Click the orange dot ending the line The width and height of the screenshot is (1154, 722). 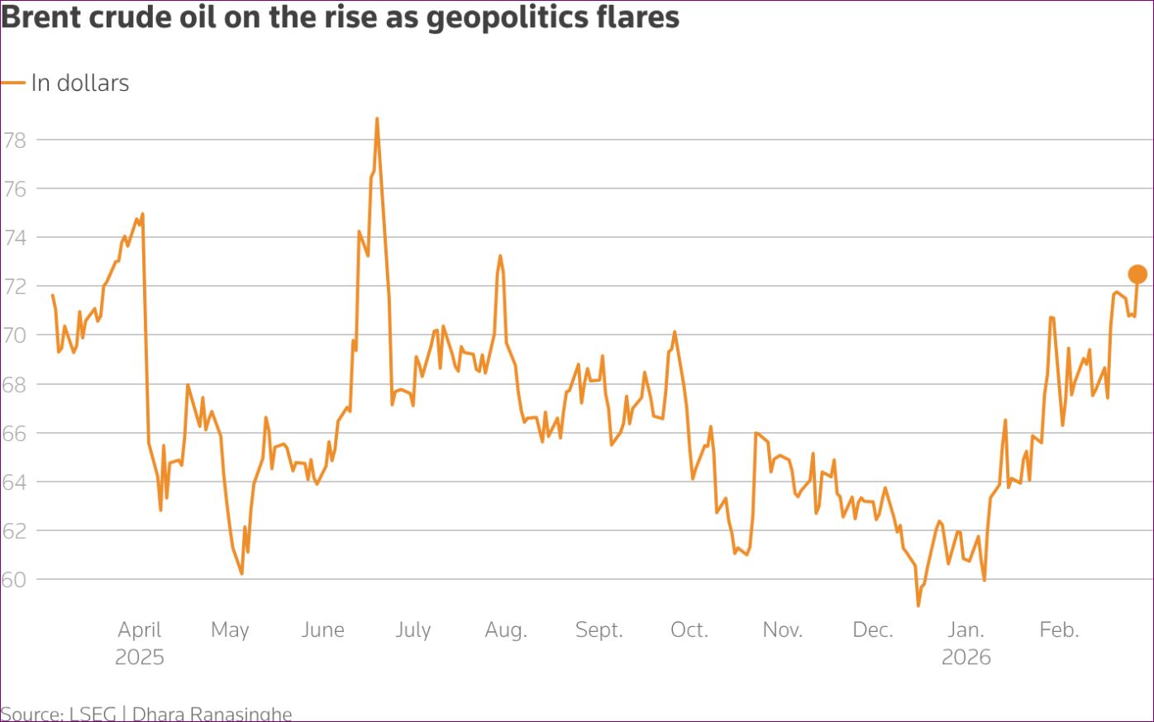(1137, 274)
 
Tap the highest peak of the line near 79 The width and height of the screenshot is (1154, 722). (377, 119)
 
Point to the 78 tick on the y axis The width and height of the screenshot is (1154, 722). (15, 140)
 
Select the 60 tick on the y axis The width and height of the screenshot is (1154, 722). (15, 579)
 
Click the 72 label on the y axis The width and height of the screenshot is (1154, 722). (15, 287)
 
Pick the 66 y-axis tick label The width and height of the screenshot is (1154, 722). (15, 433)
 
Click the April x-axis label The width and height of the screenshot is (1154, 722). (140, 629)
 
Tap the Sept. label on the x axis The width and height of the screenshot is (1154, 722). (598, 629)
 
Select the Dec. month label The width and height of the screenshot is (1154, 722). (873, 629)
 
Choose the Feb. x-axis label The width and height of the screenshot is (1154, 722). (1059, 629)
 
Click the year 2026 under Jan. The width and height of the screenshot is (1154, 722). (966, 658)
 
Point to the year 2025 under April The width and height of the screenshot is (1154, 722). (140, 658)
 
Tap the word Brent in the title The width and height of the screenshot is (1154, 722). (43, 17)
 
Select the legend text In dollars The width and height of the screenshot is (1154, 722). (80, 83)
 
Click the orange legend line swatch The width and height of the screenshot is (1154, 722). (13, 83)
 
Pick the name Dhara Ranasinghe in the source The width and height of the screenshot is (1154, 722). (212, 714)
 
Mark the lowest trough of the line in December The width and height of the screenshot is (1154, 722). (918, 606)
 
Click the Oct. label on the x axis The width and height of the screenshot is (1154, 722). (689, 629)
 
